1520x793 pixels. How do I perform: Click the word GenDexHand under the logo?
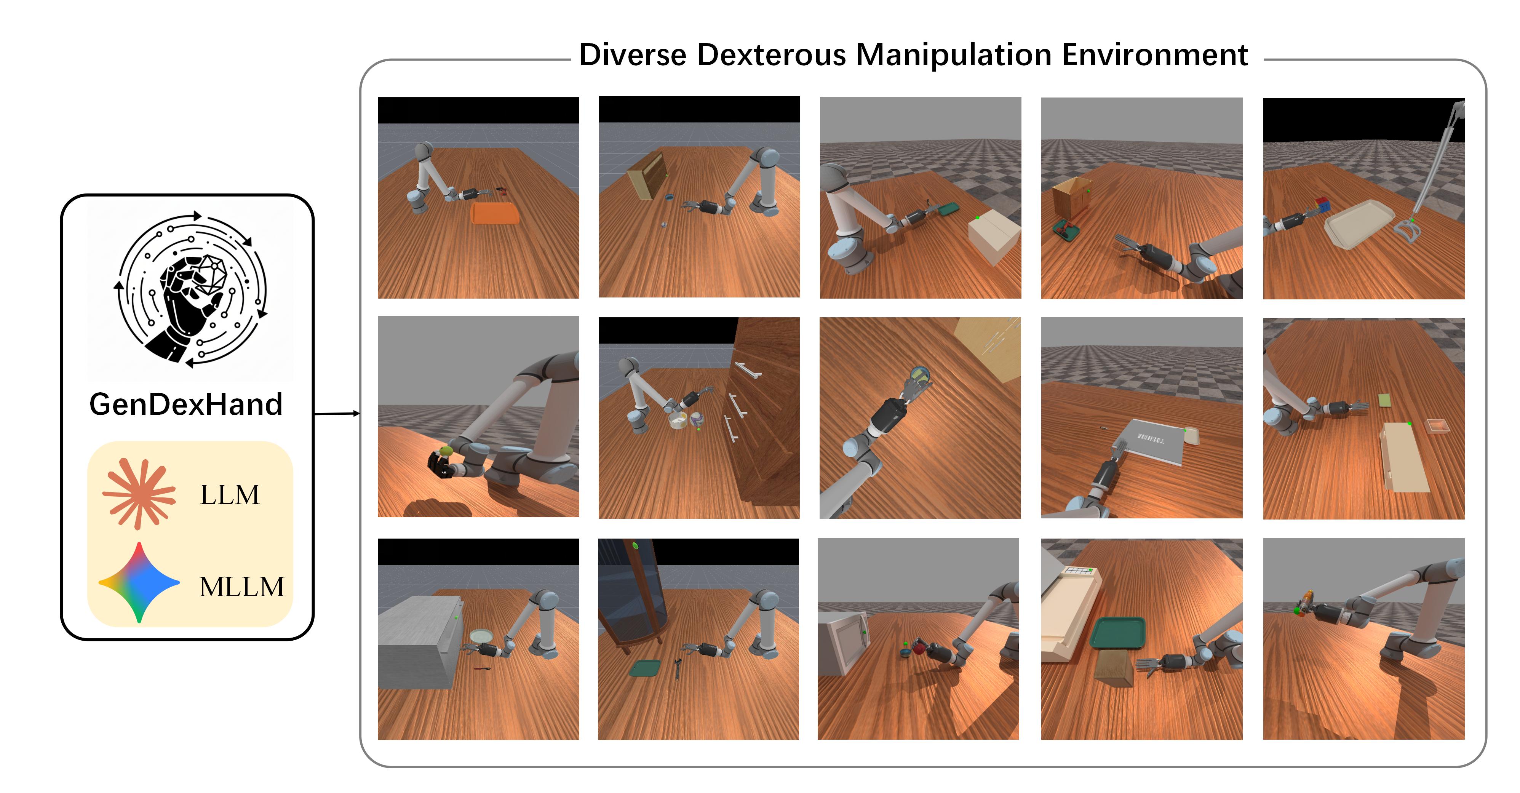(186, 405)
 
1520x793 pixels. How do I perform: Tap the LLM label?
(230, 494)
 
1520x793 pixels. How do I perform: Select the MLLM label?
(242, 587)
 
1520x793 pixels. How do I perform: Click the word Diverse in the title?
(633, 54)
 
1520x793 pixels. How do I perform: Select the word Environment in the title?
(1155, 54)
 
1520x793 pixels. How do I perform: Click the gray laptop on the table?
(1151, 443)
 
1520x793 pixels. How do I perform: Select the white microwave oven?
(844, 642)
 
